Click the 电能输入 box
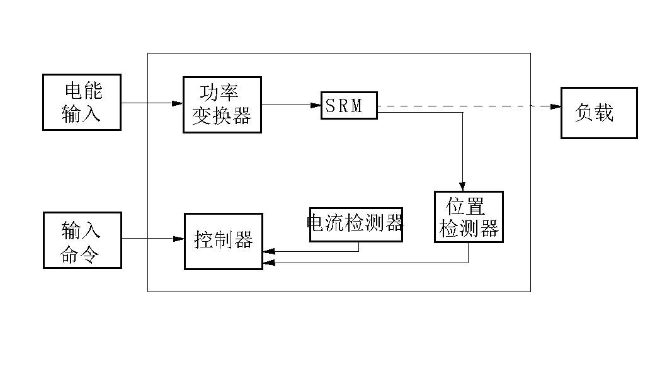tap(81, 103)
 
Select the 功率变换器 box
tap(222, 105)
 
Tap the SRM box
tap(349, 106)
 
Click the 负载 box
tap(599, 113)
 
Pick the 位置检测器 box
tap(469, 217)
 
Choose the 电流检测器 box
tap(355, 224)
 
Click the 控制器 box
tap(223, 241)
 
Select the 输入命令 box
tap(81, 240)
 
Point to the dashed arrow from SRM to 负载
tap(466, 106)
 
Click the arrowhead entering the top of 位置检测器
tap(463, 186)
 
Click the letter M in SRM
tap(357, 106)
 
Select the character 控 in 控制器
tap(203, 241)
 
